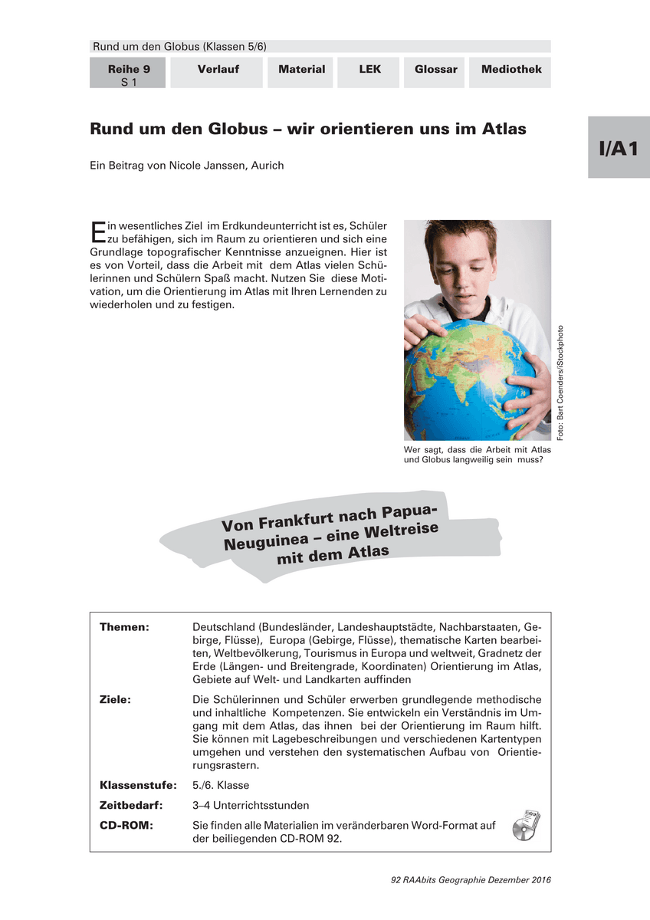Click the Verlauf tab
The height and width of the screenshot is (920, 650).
point(218,70)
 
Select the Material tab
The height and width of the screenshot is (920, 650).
point(301,70)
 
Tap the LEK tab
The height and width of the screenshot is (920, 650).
point(369,70)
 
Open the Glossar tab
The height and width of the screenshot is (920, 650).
point(435,70)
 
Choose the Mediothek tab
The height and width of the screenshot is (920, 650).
point(511,70)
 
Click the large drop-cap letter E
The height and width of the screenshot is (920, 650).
point(97,233)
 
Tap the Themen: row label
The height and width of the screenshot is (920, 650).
point(124,627)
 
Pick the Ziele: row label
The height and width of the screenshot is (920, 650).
point(115,700)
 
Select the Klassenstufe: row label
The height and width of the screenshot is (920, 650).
point(138,785)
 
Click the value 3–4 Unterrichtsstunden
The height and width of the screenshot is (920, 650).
point(251,805)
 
